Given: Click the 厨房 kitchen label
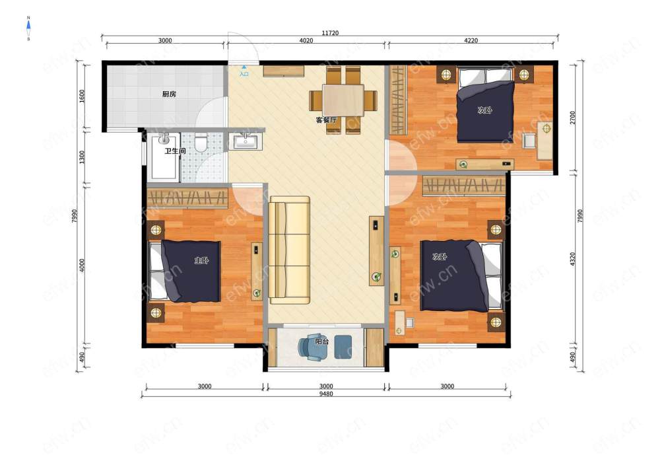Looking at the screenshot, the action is tap(169, 94).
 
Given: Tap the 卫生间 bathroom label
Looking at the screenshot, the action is tap(175, 151).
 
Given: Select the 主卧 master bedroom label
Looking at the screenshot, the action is tap(201, 261).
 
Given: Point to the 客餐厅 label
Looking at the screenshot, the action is tap(326, 120).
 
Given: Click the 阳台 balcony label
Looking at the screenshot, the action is tap(322, 341).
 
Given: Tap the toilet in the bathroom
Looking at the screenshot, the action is tap(201, 142).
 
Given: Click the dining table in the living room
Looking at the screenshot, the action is tap(343, 100).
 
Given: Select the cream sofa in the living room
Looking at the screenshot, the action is tap(290, 250).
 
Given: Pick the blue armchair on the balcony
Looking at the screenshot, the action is tap(312, 347).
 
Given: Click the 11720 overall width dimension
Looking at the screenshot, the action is tap(330, 33).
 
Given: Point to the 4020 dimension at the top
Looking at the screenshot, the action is tap(306, 41).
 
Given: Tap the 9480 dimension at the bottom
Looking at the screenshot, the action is tap(326, 394).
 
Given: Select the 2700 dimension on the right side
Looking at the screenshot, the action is tap(572, 118).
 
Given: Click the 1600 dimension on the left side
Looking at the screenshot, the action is tap(82, 96).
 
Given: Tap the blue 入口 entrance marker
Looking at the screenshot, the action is tap(244, 71).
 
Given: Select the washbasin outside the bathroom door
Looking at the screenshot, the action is tap(248, 141).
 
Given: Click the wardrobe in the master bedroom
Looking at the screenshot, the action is tap(187, 198).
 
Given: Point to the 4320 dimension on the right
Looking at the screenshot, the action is tap(572, 260).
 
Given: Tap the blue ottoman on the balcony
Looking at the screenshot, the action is tap(343, 347).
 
